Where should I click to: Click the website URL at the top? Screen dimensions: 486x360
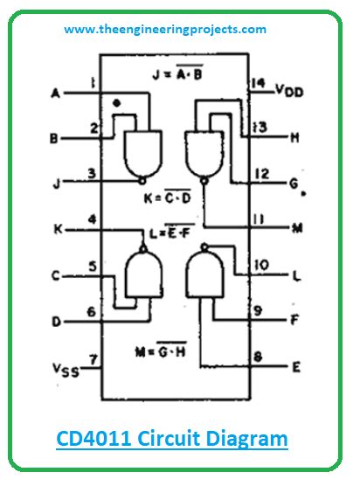pyautogui.click(x=165, y=29)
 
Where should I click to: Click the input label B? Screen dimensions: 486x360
pyautogui.click(x=55, y=139)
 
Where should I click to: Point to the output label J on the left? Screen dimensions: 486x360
pyautogui.click(x=56, y=184)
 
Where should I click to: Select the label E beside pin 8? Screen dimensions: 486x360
pyautogui.click(x=296, y=366)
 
